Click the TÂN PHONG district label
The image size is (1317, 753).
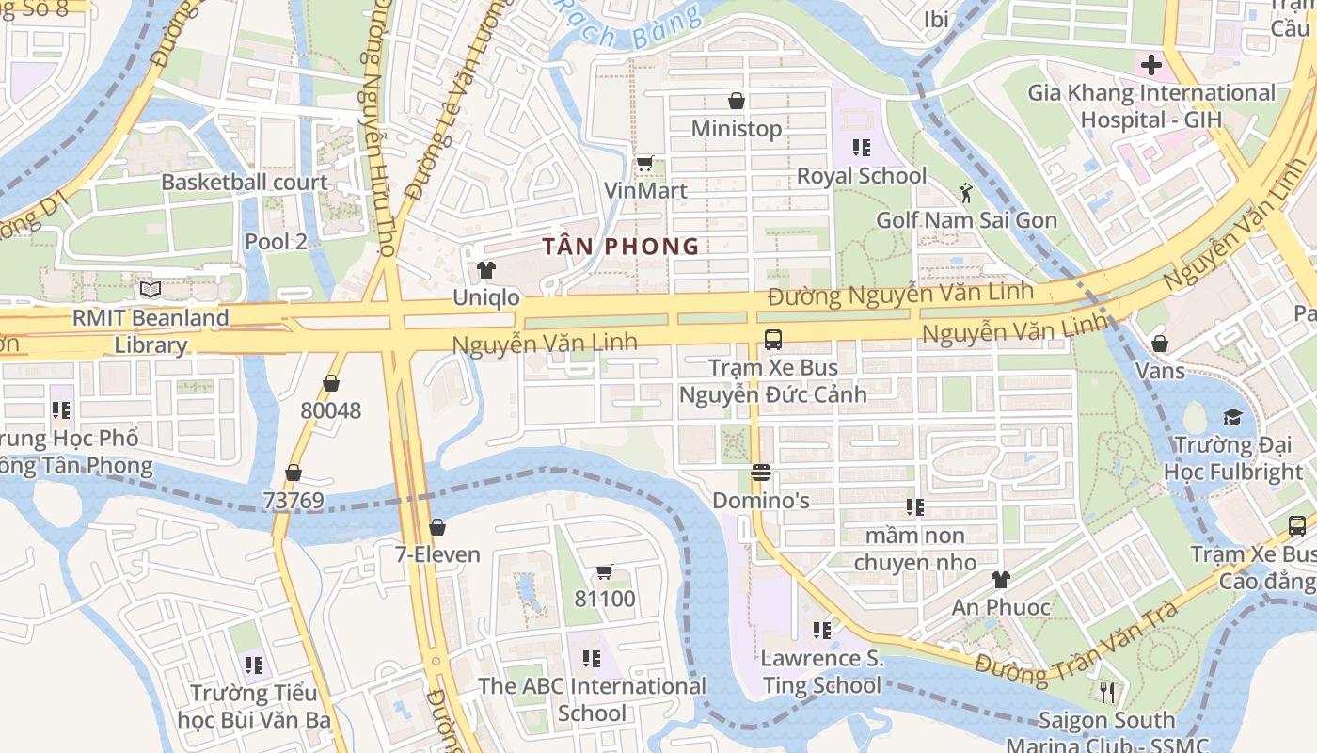(621, 247)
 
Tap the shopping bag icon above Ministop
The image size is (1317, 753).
(737, 101)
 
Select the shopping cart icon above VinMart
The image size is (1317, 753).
(644, 164)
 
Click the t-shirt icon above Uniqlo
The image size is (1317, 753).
(485, 270)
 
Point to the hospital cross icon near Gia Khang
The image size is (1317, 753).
(1150, 66)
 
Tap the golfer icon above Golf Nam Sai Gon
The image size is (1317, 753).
(965, 193)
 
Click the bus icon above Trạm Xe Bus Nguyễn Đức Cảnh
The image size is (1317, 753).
(772, 340)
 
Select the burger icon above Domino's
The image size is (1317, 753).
(761, 473)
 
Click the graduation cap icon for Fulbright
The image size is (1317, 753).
(1232, 417)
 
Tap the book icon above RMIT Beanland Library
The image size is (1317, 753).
(151, 290)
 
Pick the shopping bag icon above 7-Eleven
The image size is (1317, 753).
(436, 527)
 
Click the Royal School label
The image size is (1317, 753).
(861, 176)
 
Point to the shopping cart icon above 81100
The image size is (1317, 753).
(605, 571)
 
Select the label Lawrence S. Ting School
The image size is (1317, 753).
(822, 671)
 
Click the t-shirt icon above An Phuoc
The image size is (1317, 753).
(1000, 580)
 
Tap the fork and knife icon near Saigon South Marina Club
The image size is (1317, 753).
(1107, 693)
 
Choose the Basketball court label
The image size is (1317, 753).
(245, 183)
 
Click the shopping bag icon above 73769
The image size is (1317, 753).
(294, 473)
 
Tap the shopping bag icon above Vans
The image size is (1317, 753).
(1160, 344)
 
